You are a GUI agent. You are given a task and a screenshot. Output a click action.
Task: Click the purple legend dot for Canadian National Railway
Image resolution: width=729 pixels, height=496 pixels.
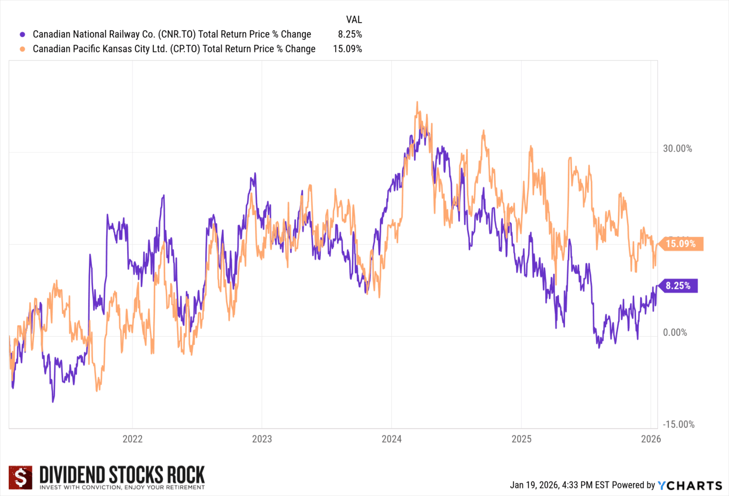point(22,34)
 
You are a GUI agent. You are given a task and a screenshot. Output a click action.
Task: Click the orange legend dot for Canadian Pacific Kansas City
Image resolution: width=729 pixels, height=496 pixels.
point(22,49)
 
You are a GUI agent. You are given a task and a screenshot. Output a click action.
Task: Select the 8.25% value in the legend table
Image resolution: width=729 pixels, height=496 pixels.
point(350,34)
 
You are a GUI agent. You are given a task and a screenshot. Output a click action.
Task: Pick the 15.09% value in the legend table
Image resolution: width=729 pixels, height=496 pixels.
point(347,49)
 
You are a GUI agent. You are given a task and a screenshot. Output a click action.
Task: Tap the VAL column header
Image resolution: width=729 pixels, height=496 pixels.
point(354,20)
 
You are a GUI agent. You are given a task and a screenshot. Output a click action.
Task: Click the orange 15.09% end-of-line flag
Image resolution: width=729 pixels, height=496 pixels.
point(681,244)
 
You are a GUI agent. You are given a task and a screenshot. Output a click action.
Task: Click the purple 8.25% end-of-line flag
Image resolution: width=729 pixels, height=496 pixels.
point(678,286)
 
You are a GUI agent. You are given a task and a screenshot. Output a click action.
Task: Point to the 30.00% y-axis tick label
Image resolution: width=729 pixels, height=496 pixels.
point(677,149)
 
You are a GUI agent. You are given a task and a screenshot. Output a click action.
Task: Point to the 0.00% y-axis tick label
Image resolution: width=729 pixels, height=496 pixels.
point(675,332)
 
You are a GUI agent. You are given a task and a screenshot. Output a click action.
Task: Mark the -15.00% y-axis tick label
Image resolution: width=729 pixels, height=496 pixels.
point(678,424)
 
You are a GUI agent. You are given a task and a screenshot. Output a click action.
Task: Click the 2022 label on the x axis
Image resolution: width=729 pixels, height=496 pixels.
point(133,439)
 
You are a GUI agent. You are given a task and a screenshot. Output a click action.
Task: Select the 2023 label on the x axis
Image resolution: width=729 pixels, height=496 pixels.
point(262,439)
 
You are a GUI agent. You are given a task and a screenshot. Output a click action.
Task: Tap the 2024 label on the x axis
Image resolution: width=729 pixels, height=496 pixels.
point(392,439)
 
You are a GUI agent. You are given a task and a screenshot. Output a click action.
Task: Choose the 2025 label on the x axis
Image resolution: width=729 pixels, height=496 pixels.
point(521,439)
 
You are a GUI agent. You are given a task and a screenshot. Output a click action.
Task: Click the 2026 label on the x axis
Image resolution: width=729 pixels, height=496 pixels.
point(651,439)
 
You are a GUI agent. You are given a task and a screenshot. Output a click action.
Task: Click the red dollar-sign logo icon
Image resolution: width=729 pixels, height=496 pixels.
point(21,478)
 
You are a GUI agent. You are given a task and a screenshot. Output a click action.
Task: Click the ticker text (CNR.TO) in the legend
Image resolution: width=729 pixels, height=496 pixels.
point(177,34)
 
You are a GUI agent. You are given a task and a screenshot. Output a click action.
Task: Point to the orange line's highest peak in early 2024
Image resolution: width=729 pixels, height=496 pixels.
point(417,103)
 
